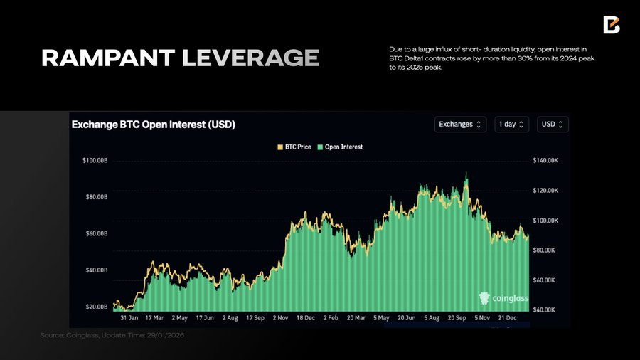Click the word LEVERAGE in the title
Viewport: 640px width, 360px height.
point(250,58)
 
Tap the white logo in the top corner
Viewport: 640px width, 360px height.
point(611,25)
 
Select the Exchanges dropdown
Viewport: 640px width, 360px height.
point(460,125)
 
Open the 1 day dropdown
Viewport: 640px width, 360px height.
point(512,125)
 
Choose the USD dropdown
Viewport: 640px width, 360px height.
point(553,125)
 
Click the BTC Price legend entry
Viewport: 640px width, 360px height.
point(294,147)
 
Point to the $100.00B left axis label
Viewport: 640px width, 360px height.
point(95,161)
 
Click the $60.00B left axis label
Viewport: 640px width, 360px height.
point(96,234)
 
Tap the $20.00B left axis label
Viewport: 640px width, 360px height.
point(96,307)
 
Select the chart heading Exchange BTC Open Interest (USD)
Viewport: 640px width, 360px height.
point(154,125)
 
